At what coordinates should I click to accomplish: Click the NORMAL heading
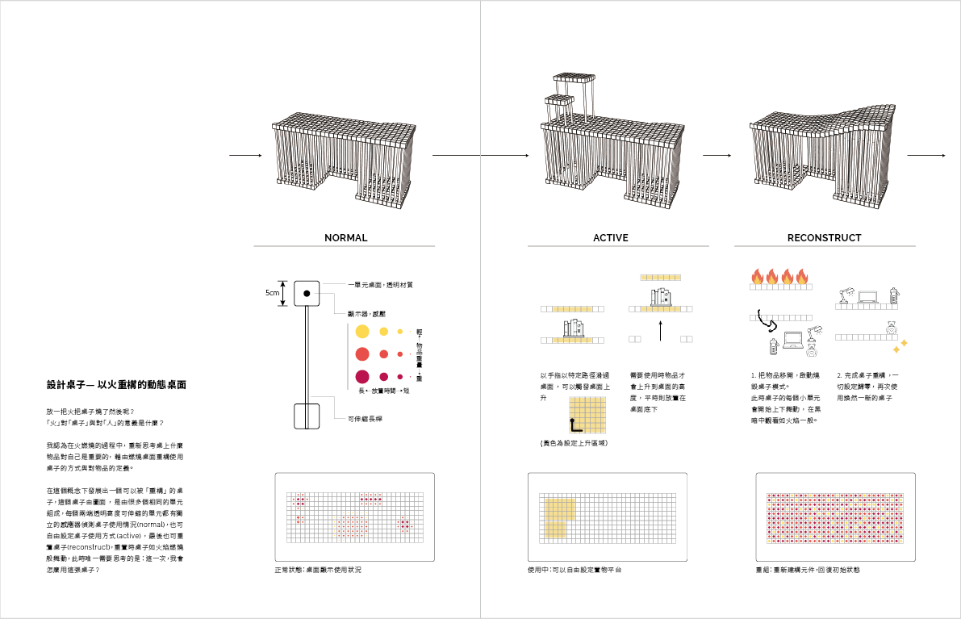pos(345,238)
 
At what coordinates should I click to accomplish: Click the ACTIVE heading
pos(610,238)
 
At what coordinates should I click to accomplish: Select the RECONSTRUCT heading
pos(824,238)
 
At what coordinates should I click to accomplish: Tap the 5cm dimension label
pos(272,294)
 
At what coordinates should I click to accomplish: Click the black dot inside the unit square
pos(307,294)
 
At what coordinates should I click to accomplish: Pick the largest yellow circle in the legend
pos(362,332)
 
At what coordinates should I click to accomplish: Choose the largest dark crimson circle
pos(362,376)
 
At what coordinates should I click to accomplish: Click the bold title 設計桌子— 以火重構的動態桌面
pos(117,386)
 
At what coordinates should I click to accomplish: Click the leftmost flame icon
pos(757,277)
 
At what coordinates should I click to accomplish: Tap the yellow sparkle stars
pos(899,345)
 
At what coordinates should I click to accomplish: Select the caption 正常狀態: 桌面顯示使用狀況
pos(318,571)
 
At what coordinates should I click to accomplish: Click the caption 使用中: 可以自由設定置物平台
pos(574,571)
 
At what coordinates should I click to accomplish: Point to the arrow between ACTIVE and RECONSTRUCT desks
pos(717,155)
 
